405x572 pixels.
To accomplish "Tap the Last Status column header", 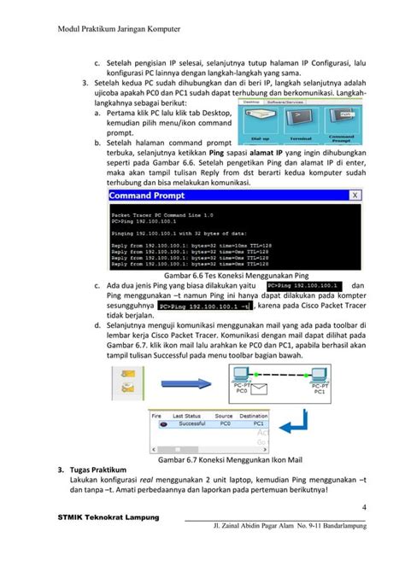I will point(187,414).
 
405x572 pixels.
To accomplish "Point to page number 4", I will point(364,511).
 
